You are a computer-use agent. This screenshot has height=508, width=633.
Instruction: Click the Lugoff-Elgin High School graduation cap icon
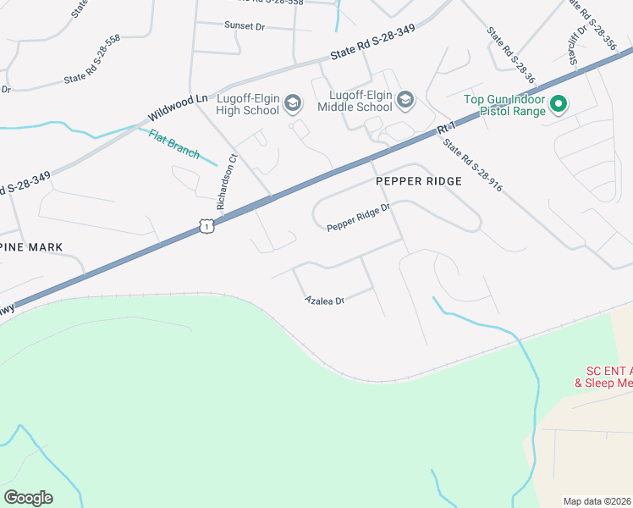click(x=293, y=104)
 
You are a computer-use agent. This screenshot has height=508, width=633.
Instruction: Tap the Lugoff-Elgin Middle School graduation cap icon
click(x=405, y=101)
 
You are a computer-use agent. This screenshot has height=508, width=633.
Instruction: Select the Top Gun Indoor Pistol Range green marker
click(x=559, y=105)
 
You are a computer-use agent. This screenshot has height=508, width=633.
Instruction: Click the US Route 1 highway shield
click(x=206, y=225)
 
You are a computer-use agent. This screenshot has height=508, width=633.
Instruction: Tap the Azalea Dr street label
click(x=325, y=301)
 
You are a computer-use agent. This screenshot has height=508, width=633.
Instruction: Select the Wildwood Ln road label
click(x=178, y=108)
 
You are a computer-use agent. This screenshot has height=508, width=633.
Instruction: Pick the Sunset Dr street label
click(x=245, y=26)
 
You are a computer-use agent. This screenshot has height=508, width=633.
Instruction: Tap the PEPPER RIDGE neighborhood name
click(x=419, y=181)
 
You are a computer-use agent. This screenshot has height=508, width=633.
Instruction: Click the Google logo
click(x=28, y=497)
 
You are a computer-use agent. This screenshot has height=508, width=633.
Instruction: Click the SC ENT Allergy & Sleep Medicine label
click(x=608, y=377)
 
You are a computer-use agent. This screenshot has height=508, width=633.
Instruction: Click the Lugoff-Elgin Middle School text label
click(x=355, y=101)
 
